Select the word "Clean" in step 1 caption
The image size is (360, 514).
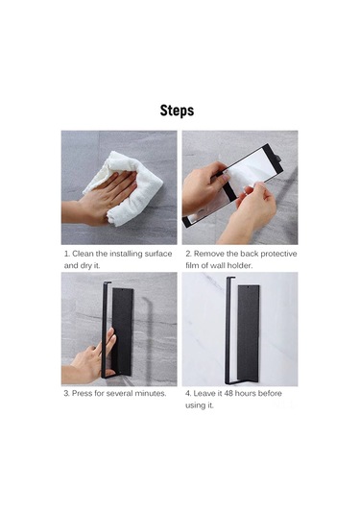(x=88, y=254)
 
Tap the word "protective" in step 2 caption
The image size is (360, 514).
(x=276, y=254)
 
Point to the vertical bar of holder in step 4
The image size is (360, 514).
(x=228, y=327)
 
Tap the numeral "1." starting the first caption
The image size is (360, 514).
(x=67, y=254)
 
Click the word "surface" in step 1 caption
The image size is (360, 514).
(x=157, y=254)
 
